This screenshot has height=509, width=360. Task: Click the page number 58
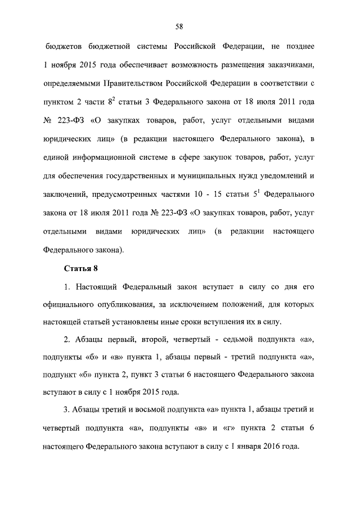179,26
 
